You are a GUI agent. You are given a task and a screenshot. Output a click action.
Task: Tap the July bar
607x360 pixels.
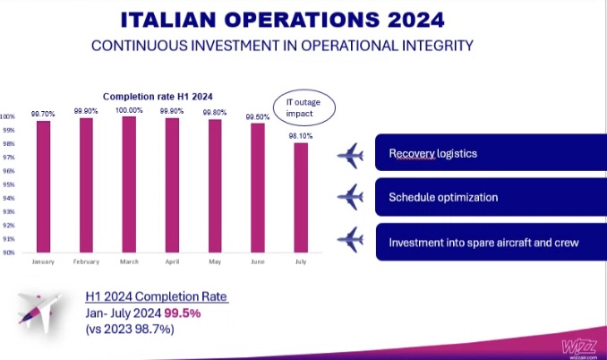tap(303, 198)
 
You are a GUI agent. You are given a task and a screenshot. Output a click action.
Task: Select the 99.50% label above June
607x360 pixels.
tap(258, 117)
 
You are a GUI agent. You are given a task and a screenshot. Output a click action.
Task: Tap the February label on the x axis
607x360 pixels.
tap(85, 262)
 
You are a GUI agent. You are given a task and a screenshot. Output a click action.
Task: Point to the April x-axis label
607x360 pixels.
tap(172, 262)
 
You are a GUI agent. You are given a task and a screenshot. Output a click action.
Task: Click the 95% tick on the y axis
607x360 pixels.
tap(7, 184)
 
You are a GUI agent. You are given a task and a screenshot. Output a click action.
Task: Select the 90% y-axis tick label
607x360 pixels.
tap(7, 253)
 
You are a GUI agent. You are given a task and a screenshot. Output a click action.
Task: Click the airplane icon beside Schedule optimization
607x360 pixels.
tap(350, 196)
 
